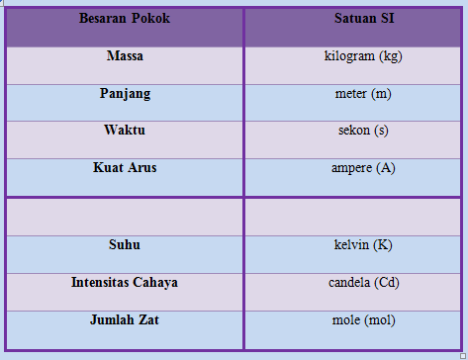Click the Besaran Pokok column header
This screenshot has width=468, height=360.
(125, 19)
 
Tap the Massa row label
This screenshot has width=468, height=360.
(125, 56)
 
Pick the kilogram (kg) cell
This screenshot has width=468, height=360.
(362, 56)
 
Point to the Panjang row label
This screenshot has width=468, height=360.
(125, 93)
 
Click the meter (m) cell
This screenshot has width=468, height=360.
(362, 93)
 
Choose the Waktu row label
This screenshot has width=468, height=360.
(125, 131)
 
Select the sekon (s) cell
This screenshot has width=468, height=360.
(362, 131)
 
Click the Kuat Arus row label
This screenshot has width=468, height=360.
(125, 168)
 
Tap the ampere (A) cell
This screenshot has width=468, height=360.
(362, 168)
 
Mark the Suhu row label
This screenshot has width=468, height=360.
(125, 244)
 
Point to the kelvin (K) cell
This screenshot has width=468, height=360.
(362, 244)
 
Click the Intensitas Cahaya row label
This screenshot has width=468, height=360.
(125, 282)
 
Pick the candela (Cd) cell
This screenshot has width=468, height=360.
(362, 282)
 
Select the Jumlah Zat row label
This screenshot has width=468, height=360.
(125, 320)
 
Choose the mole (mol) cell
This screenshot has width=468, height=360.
(362, 320)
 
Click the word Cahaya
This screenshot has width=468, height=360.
(152, 282)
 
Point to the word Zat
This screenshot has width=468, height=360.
(147, 320)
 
